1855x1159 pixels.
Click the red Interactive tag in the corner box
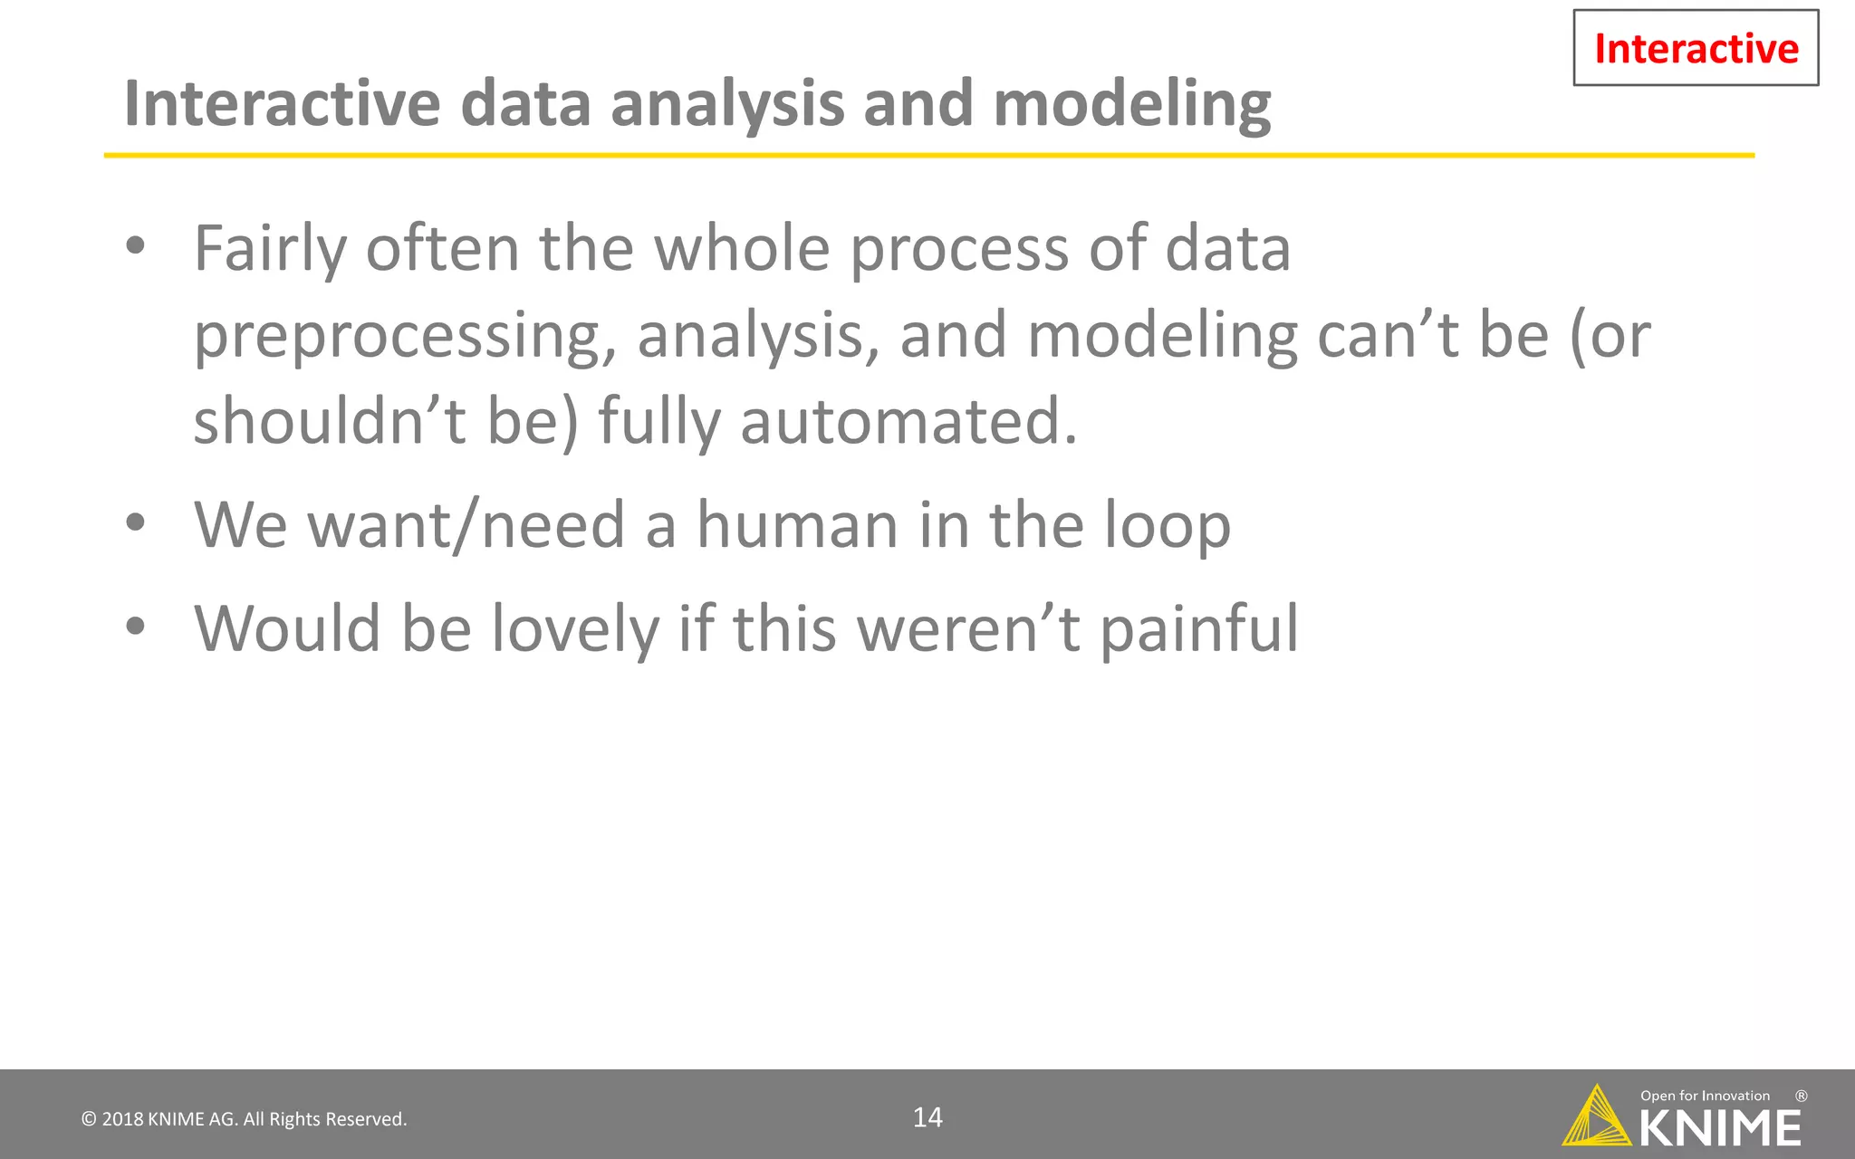coord(1696,48)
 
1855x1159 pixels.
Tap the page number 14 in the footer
coord(927,1117)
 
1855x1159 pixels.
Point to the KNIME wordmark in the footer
coord(1720,1128)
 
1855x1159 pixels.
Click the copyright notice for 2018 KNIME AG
coord(245,1119)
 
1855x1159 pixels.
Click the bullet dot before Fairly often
coord(136,246)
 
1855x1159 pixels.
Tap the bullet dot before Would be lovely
coord(136,627)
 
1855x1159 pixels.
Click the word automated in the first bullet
coord(908,422)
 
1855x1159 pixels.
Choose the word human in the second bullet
coord(796,525)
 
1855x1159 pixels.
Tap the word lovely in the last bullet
coord(575,630)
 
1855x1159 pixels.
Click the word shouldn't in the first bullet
coord(330,422)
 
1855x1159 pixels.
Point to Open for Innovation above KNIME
coord(1705,1096)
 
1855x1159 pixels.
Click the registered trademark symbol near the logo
coord(1801,1096)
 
